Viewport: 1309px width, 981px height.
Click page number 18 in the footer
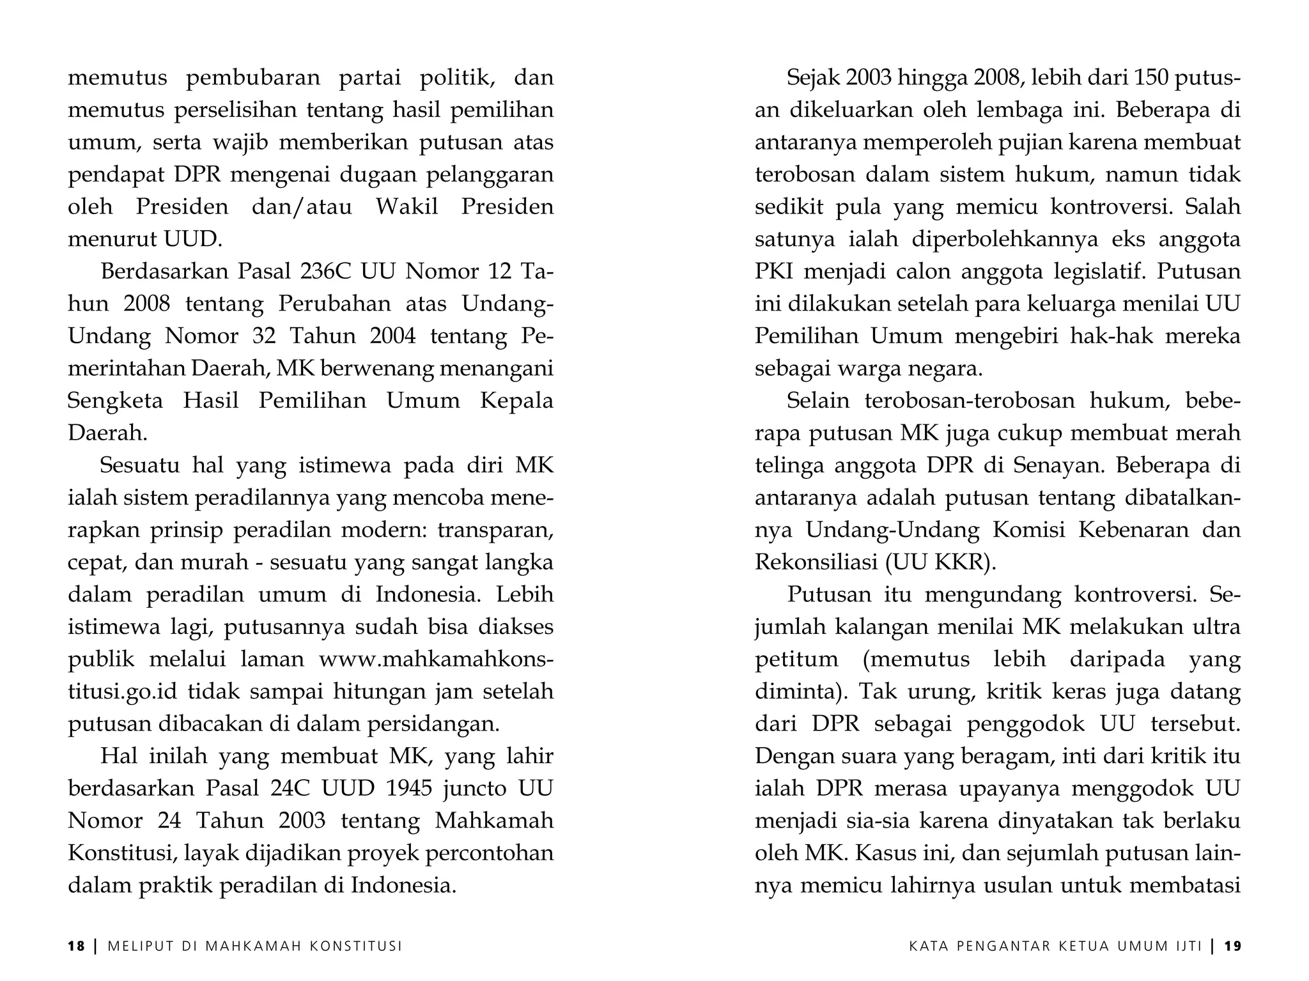[x=76, y=946]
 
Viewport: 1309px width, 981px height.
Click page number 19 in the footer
[x=1233, y=946]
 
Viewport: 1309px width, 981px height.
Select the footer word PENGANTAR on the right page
[x=1007, y=946]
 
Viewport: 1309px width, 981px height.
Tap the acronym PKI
[x=774, y=272]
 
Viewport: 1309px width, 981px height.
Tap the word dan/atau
[x=302, y=207]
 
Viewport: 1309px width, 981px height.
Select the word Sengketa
[x=116, y=401]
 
